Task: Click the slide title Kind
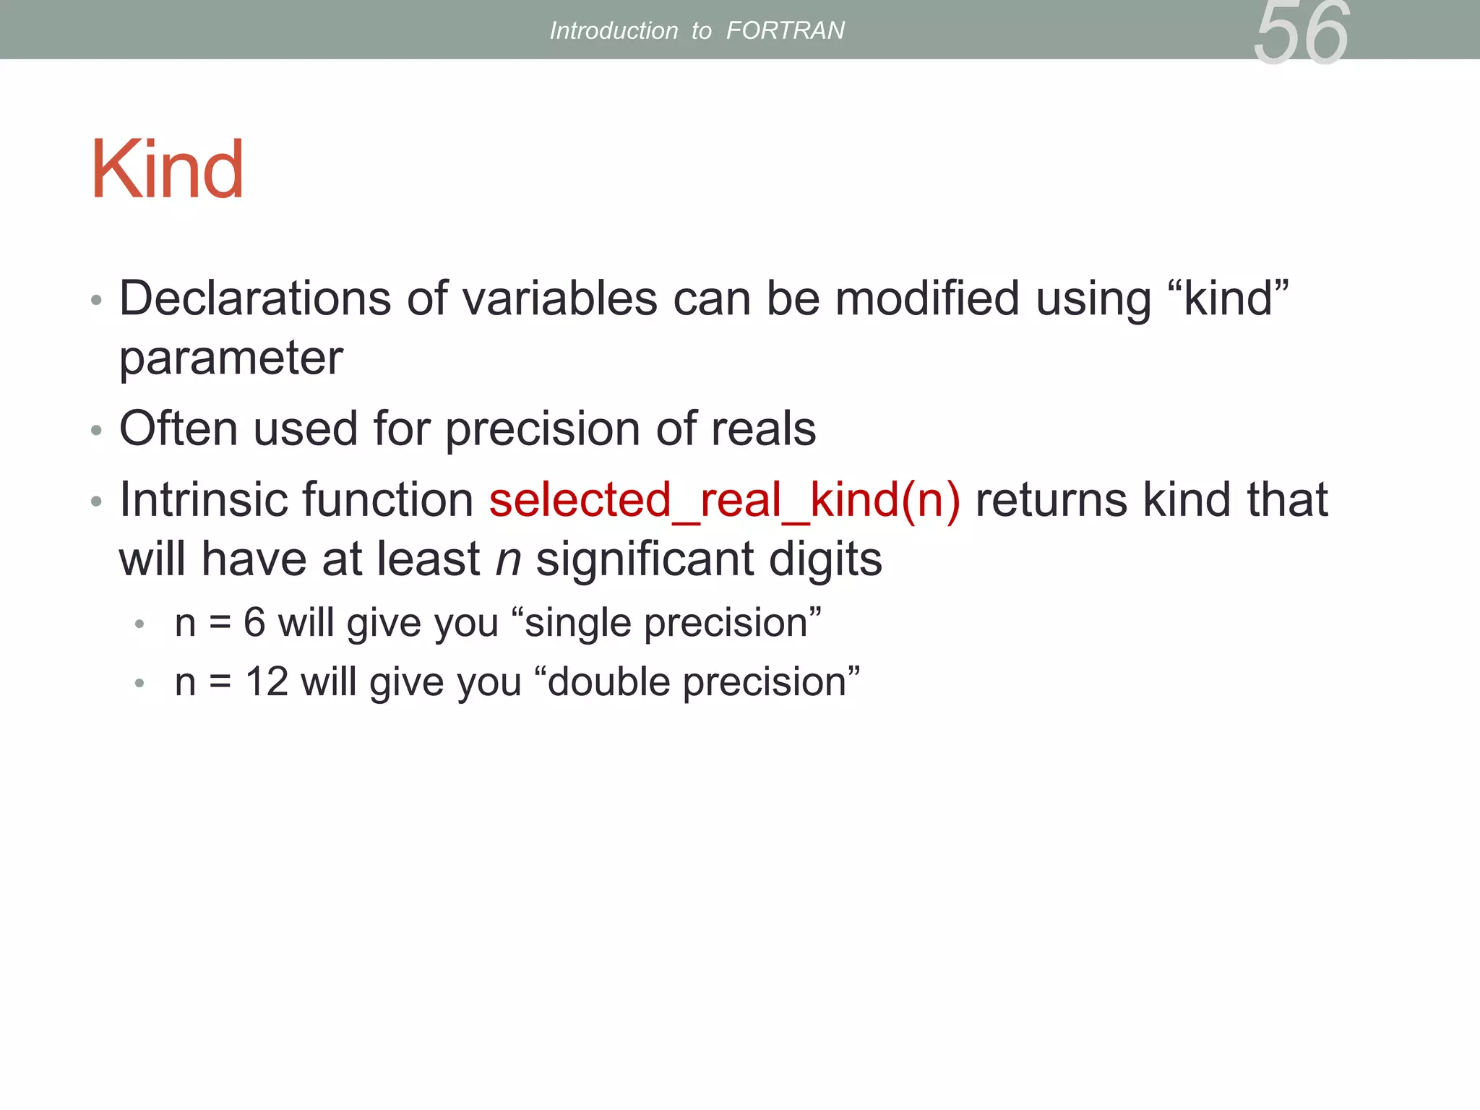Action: coord(167,170)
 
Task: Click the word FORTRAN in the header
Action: coord(785,30)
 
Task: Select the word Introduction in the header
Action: coord(614,30)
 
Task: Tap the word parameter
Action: coord(231,358)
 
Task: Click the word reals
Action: coord(763,429)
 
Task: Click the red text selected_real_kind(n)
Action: coord(725,500)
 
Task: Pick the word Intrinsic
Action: coord(202,500)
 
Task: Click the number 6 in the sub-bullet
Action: coord(254,623)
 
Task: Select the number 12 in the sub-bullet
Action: coord(267,682)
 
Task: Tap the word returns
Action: coord(1051,500)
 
